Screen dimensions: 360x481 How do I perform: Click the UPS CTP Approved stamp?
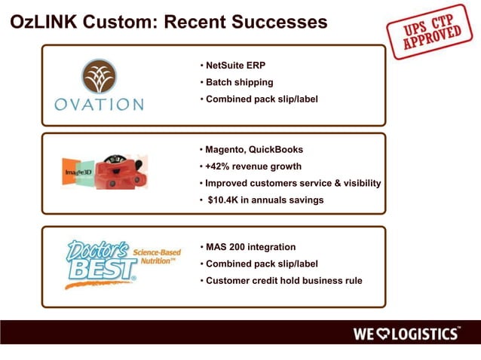point(424,34)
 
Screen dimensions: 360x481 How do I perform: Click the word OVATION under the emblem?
point(99,104)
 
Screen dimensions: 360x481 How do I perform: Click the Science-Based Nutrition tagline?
point(156,257)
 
